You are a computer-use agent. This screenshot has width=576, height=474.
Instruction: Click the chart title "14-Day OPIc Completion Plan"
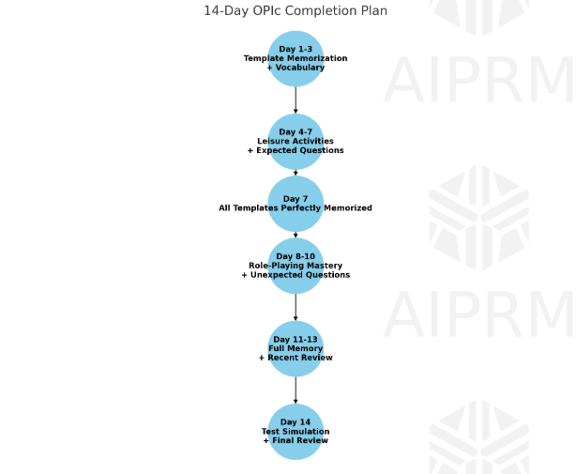pos(296,10)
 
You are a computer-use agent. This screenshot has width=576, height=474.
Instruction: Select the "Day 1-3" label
pos(296,49)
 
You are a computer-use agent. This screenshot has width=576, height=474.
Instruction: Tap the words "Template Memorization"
pos(296,58)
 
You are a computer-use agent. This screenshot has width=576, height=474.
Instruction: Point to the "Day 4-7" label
pos(296,132)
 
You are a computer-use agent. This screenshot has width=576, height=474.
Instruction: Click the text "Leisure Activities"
pos(296,141)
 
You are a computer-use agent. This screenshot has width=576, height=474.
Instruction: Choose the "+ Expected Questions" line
pos(296,150)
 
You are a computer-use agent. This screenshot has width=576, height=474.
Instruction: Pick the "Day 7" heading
pos(296,199)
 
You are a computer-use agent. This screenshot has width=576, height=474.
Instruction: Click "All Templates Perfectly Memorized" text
pos(296,208)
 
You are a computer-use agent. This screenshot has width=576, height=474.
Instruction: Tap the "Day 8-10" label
pos(296,256)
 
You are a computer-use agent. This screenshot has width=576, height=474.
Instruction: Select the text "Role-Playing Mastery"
pos(296,266)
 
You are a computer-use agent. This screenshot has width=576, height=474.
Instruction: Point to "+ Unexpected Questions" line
pos(296,275)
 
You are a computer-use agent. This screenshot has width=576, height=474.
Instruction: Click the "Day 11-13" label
pos(296,339)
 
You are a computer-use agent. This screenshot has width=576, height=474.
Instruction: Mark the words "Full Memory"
pos(296,348)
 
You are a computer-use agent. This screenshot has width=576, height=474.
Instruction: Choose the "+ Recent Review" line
pos(296,358)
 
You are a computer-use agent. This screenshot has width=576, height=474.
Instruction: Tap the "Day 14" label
pos(296,421)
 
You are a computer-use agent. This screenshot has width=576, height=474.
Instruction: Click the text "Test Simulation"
pos(296,431)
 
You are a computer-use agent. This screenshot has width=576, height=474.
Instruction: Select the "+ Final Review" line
pos(296,440)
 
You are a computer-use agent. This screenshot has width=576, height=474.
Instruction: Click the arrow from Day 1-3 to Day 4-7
pos(296,99)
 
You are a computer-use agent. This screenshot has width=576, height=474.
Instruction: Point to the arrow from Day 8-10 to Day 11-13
pos(296,308)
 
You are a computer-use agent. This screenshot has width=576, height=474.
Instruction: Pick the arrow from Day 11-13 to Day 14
pos(296,390)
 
